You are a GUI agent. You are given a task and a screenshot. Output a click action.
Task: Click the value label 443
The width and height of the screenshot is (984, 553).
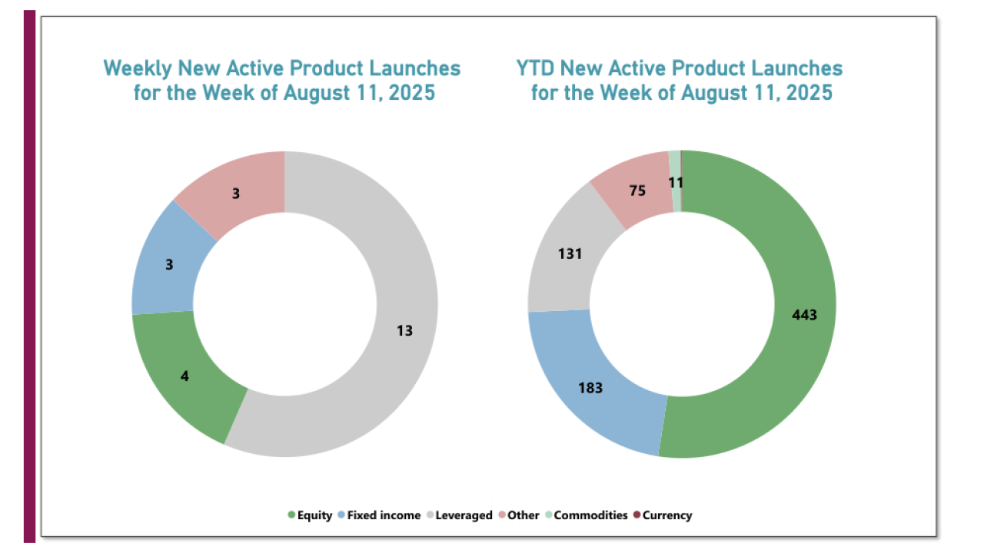coord(804,315)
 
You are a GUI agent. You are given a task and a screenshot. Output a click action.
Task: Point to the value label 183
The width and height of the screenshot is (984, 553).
coord(590,388)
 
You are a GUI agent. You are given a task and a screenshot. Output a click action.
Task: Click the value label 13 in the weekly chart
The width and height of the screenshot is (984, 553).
coord(405,331)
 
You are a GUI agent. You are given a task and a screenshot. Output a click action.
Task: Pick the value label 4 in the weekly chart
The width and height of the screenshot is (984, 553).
coord(185,377)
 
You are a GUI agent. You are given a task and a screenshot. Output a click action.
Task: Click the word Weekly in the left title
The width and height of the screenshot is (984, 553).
coord(138,68)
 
